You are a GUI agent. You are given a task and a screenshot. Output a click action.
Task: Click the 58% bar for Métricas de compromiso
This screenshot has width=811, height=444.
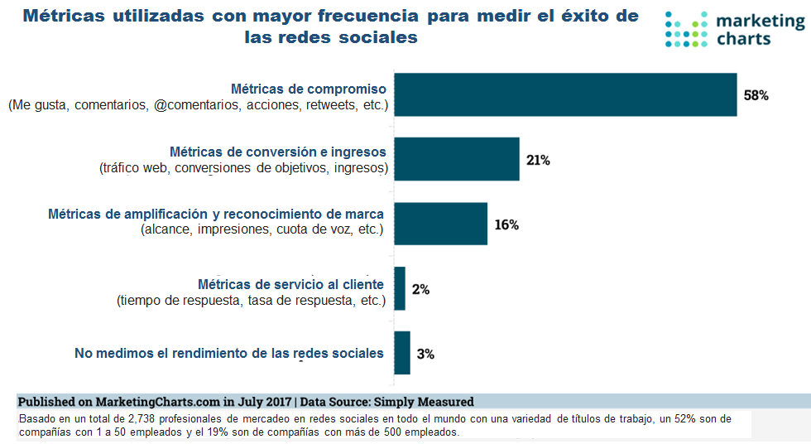565,94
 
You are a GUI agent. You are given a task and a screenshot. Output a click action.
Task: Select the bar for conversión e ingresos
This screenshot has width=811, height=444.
457,159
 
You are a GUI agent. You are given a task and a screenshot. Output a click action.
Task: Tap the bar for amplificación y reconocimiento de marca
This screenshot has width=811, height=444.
440,224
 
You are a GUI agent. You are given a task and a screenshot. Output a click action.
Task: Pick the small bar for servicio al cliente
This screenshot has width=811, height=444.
400,288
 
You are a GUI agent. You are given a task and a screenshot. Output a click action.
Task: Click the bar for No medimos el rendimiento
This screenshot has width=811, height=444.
402,353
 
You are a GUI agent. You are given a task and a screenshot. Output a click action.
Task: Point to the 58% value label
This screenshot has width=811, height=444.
756,95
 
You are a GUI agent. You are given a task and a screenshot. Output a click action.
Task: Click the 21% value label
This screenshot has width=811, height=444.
538,160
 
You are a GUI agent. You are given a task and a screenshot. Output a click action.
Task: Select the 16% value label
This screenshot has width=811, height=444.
506,224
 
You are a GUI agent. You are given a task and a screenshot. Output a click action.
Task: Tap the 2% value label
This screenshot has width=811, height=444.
420,289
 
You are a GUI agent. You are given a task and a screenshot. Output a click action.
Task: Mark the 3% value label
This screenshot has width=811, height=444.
425,354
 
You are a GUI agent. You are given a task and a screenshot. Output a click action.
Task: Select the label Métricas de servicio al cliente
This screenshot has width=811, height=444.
290,284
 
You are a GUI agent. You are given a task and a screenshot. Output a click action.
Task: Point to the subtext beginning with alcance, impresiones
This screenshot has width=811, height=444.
262,229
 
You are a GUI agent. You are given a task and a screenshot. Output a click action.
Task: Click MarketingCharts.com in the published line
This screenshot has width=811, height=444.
143,401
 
